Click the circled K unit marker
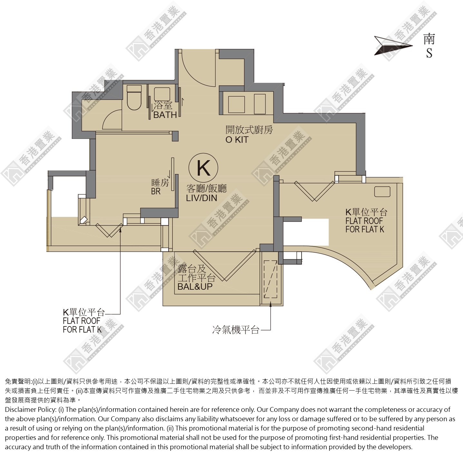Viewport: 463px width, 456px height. (203, 168)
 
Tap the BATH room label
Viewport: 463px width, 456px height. (165, 115)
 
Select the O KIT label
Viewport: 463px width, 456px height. (237, 140)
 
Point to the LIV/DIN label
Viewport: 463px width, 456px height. (202, 198)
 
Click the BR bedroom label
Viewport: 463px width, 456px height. (156, 191)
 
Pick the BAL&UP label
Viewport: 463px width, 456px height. (195, 286)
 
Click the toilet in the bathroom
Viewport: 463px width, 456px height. (134, 97)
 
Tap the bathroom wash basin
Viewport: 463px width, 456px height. (162, 94)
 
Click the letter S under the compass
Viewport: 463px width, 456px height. (429, 53)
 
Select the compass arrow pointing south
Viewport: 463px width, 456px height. (393, 46)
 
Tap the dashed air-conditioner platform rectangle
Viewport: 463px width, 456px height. (271, 279)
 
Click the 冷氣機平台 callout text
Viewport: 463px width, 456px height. (236, 330)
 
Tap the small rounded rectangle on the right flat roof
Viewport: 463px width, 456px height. (382, 192)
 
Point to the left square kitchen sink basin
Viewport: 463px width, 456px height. (236, 104)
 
